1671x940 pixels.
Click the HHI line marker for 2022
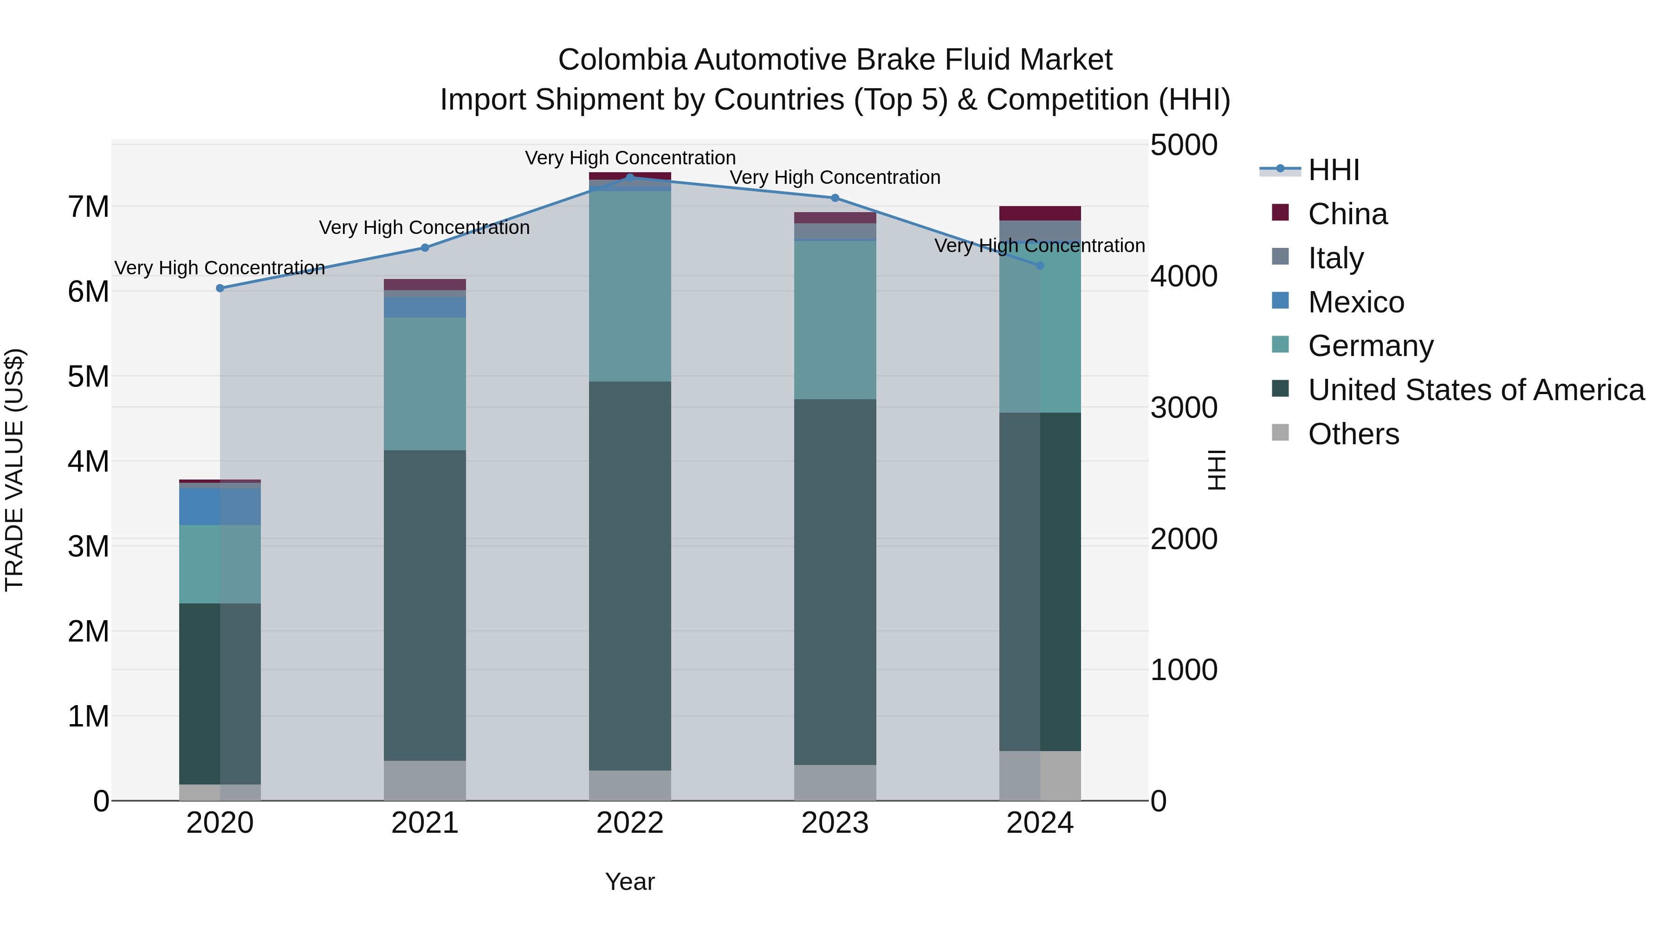[630, 177]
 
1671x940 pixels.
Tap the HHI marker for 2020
[220, 288]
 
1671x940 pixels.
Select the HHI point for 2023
[835, 198]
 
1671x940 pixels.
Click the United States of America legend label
[1476, 389]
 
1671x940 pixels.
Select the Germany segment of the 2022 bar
[630, 285]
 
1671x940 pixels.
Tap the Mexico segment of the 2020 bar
[220, 506]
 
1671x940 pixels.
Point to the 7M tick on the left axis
[88, 207]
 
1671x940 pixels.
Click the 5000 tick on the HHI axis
[1184, 145]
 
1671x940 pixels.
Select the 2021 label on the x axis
[425, 823]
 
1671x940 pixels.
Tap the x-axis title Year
[630, 882]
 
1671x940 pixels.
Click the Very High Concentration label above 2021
[424, 228]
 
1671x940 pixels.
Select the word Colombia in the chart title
[622, 60]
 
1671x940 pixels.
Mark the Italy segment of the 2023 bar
[835, 231]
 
